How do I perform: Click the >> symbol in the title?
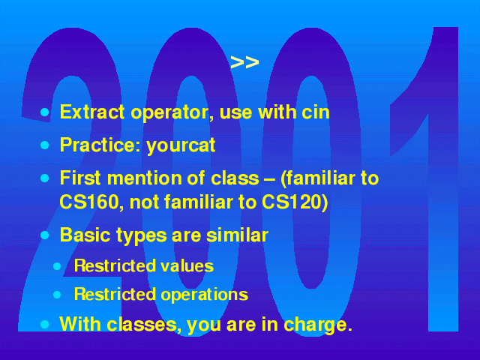(x=244, y=62)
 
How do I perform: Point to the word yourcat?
(x=181, y=145)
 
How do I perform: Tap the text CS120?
(x=295, y=202)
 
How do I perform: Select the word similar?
(x=237, y=235)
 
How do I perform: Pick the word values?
(x=187, y=265)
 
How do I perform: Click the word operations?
(x=205, y=295)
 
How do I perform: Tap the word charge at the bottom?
(x=318, y=325)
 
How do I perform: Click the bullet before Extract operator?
(x=45, y=112)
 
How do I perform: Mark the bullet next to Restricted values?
(x=57, y=266)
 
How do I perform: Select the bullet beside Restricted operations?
(x=57, y=295)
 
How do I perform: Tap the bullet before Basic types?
(x=45, y=235)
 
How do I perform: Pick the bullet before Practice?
(x=45, y=145)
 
